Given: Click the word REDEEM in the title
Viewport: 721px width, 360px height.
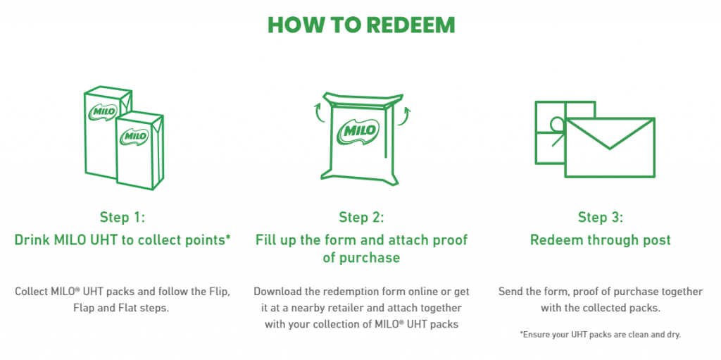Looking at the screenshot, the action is click(411, 26).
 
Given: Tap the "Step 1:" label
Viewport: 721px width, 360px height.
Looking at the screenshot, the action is click(123, 217).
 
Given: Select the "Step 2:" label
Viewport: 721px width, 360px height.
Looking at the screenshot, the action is click(361, 217).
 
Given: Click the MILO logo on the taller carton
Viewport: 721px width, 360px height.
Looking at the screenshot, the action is click(104, 112).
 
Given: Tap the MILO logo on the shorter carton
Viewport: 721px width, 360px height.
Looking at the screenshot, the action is click(134, 136).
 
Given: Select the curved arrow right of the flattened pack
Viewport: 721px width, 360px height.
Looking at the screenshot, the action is click(403, 115).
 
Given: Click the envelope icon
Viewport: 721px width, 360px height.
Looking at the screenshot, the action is click(610, 147).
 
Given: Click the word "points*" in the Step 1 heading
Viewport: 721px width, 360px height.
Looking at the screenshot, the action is click(206, 240).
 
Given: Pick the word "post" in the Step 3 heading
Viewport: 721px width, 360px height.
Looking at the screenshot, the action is click(657, 240).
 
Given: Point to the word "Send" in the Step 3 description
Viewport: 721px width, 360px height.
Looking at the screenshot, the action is click(510, 292).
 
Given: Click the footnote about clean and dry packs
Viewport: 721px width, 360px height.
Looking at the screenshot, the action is click(600, 335).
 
